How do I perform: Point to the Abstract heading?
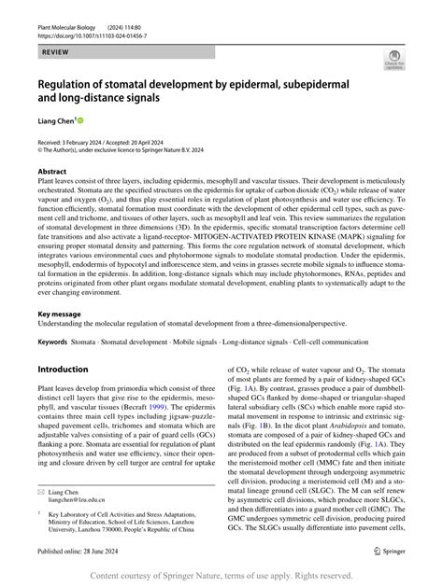[x=53, y=172]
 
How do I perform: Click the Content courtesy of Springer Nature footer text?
[x=221, y=577]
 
